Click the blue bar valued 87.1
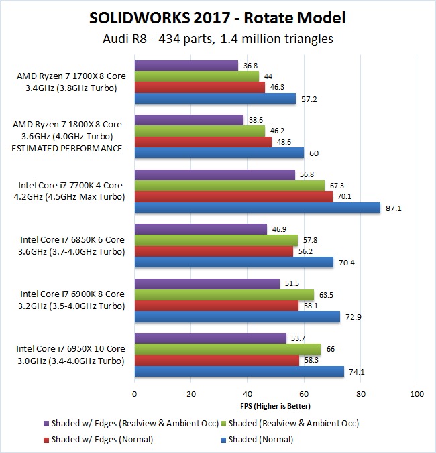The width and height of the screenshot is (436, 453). click(x=258, y=208)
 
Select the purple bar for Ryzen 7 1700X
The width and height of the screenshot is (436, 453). click(x=186, y=66)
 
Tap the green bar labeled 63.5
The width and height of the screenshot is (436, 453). click(x=224, y=295)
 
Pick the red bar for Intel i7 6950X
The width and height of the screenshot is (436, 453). click(x=217, y=361)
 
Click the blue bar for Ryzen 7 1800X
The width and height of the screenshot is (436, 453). click(x=219, y=153)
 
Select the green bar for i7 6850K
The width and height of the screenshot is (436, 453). click(x=216, y=241)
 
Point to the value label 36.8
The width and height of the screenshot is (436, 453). click(x=250, y=66)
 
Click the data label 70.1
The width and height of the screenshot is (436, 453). click(x=344, y=197)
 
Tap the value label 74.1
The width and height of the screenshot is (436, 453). click(x=357, y=372)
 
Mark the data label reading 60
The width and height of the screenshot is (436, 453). click(x=314, y=153)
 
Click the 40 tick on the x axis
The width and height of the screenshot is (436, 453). click(x=248, y=394)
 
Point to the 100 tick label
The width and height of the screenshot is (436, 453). click(x=417, y=394)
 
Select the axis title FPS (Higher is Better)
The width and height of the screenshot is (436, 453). click(x=275, y=406)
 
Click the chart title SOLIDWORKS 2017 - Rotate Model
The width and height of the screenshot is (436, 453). click(x=217, y=18)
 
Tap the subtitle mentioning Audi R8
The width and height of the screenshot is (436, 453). click(x=218, y=38)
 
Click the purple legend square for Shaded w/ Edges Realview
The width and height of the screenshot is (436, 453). click(x=46, y=424)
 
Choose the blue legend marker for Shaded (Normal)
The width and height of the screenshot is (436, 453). click(x=223, y=440)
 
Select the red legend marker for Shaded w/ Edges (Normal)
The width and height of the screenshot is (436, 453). click(x=46, y=440)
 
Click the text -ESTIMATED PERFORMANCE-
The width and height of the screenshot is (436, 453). click(x=67, y=149)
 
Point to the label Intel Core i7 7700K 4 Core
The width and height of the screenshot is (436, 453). click(x=70, y=185)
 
